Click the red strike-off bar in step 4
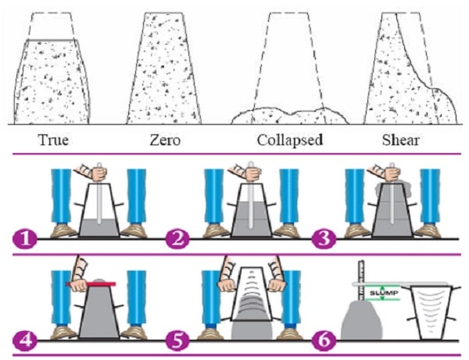pyautogui.click(x=104, y=284)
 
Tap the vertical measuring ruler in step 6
pyautogui.click(x=362, y=281)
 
